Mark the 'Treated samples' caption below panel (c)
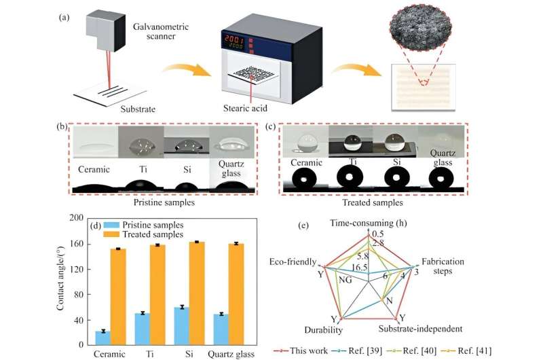[x=371, y=202]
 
